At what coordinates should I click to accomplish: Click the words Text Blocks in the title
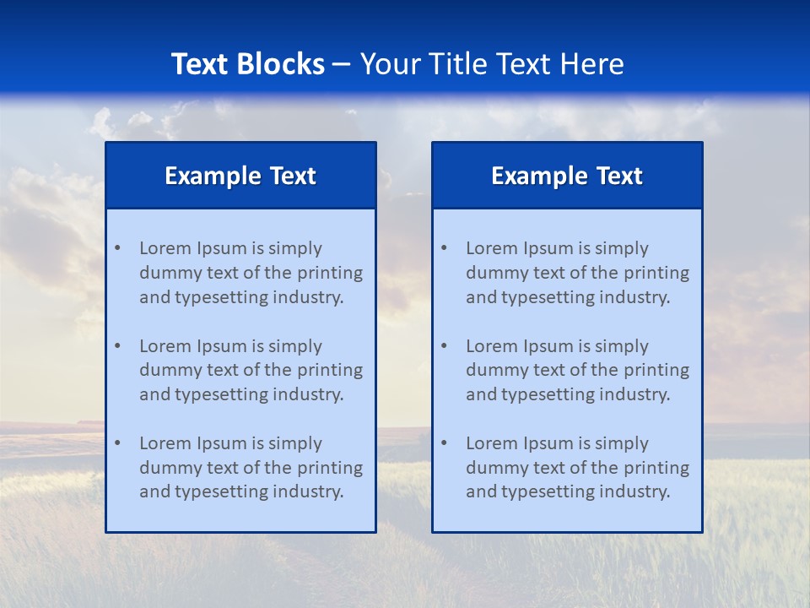coord(247,64)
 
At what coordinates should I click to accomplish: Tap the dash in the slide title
coord(342,65)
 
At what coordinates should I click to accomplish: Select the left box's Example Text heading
coord(240,176)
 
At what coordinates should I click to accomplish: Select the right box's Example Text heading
coord(567,176)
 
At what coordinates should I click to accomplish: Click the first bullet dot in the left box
coord(117,248)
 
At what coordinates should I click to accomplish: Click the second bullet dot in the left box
coord(117,346)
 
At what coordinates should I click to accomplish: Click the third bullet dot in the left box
coord(117,443)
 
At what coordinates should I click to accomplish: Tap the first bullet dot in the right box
coord(444,248)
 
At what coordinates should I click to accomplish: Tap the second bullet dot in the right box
coord(444,346)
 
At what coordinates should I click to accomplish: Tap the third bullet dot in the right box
coord(444,443)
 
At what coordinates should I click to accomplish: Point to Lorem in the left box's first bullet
coord(165,248)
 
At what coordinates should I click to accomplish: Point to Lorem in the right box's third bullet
coord(492,443)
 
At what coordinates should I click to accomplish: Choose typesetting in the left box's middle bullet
coord(222,394)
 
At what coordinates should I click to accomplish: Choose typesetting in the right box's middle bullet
coord(548,394)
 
